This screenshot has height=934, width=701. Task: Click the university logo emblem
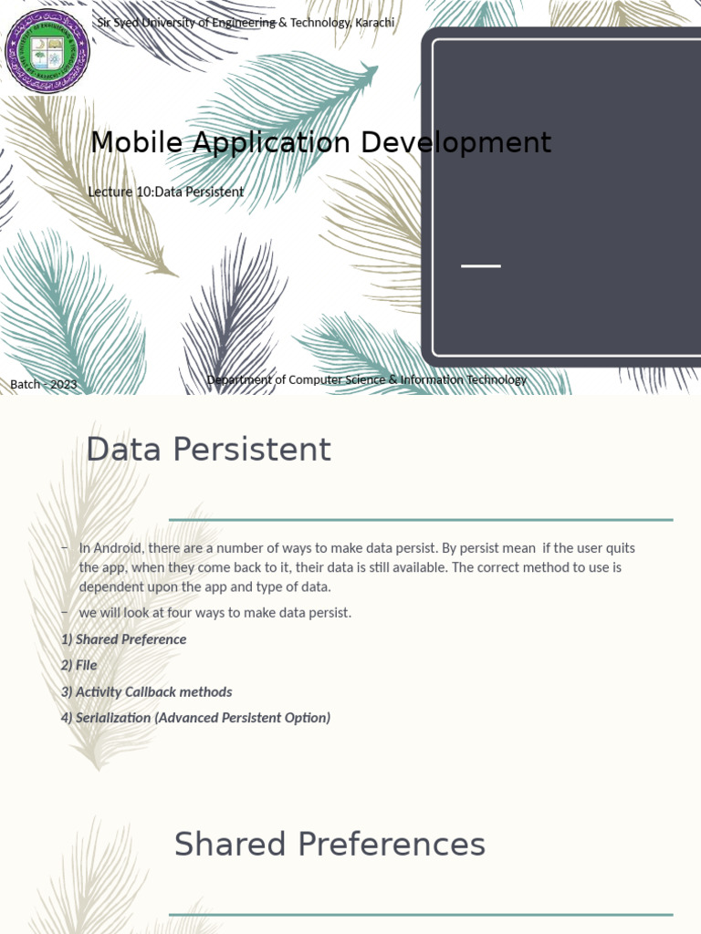tap(48, 50)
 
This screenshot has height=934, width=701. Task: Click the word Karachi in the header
tap(374, 22)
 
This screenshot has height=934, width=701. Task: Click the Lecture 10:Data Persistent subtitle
tap(165, 192)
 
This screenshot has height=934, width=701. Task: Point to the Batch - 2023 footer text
tap(44, 384)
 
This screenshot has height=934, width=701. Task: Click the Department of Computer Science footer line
tap(366, 379)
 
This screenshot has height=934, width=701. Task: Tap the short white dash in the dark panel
tap(481, 265)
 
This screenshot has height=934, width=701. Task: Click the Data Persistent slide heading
tap(208, 450)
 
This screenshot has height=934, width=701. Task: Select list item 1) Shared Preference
tap(123, 639)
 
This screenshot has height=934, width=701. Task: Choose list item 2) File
tap(78, 665)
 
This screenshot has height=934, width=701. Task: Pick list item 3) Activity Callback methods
tap(146, 691)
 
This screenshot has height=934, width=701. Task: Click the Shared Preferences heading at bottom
tap(330, 845)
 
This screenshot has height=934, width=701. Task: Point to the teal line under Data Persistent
tap(421, 520)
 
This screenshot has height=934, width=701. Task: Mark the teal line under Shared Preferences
tap(421, 914)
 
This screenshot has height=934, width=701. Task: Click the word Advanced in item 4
tap(186, 718)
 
